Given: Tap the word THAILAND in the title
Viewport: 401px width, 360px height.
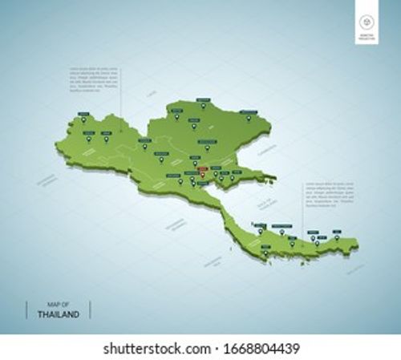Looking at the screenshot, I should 58,314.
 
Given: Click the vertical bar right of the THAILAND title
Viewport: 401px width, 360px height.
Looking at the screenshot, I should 89,309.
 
